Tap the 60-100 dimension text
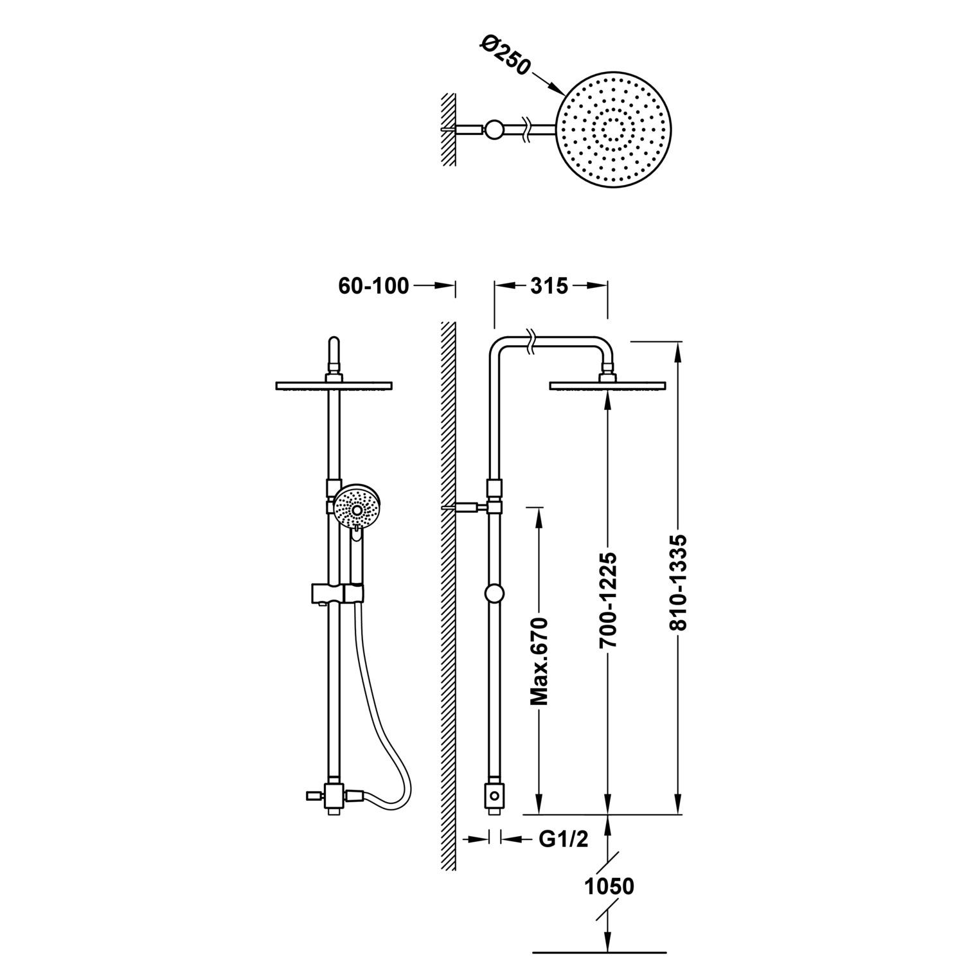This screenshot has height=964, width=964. [x=373, y=286]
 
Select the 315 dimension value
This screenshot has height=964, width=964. [x=549, y=286]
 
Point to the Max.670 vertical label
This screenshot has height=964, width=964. [x=539, y=661]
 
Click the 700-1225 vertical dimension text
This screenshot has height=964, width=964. [x=608, y=600]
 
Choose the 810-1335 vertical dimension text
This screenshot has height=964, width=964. [x=679, y=582]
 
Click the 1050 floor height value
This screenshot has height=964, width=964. [x=609, y=886]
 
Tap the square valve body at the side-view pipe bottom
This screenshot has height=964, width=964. [x=495, y=796]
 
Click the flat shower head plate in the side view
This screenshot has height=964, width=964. [x=607, y=386]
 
